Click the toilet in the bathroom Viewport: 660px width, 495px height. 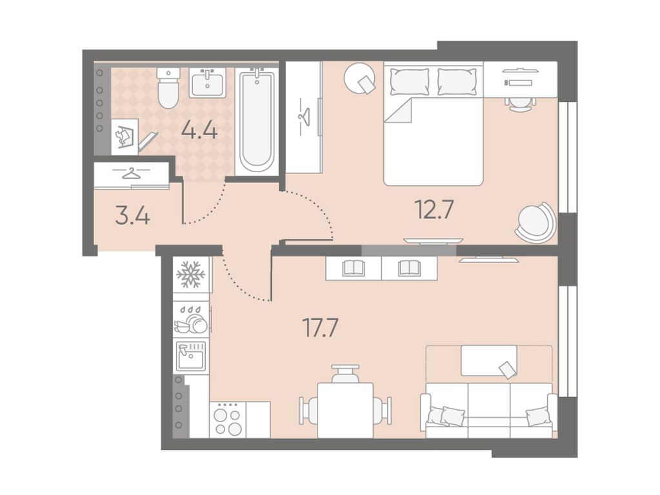[x=168, y=87]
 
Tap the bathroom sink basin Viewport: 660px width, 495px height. [x=208, y=82]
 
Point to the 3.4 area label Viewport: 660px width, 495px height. [x=132, y=216]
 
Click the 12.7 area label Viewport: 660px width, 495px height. [x=434, y=209]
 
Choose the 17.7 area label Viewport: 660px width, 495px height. [x=320, y=328]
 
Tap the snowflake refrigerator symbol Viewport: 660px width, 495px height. [x=191, y=275]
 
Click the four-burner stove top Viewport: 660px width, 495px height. [x=227, y=420]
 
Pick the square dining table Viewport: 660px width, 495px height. [x=345, y=410]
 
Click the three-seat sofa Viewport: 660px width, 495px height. [x=488, y=411]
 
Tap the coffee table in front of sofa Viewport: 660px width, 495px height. [x=488, y=360]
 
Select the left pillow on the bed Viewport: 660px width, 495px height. [x=410, y=82]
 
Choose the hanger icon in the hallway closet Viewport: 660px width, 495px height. [x=132, y=173]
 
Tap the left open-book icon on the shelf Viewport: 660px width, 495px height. [x=354, y=268]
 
